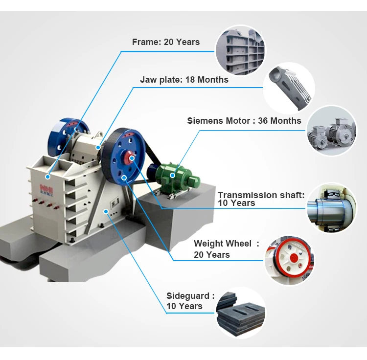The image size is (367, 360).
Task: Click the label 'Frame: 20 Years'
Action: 165,42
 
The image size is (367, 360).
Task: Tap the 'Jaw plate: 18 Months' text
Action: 184,80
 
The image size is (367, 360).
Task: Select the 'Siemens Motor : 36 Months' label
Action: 244,121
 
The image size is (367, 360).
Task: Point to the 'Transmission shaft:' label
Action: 261,195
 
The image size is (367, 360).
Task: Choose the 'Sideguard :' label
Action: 190,296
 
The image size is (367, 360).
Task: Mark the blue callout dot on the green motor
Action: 172,175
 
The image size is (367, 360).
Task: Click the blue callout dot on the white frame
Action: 48,177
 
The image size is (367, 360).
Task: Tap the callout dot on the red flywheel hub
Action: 132,158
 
